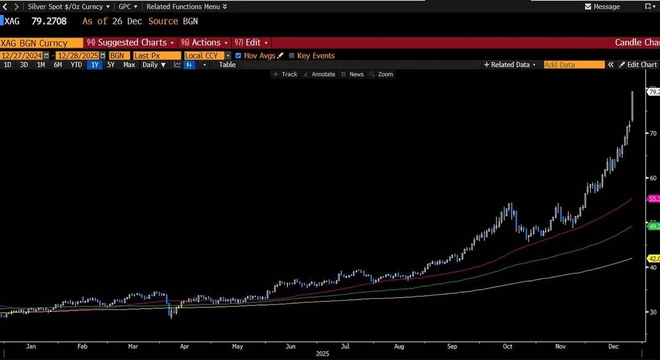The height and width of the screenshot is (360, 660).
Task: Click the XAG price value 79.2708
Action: click(49, 21)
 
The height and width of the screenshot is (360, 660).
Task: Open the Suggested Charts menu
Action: click(131, 42)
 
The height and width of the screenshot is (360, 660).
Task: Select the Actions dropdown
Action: click(205, 42)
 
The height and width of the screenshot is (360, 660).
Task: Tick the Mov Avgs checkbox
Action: click(238, 56)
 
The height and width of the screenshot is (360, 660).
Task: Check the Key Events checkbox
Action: click(292, 56)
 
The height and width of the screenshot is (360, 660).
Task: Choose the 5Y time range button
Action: click(111, 65)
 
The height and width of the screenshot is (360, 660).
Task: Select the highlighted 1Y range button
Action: click(95, 65)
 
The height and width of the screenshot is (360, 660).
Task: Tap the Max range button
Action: click(129, 65)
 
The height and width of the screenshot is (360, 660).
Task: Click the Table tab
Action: click(227, 65)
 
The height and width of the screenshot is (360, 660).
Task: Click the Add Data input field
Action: click(574, 65)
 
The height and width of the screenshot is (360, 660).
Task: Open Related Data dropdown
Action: click(510, 65)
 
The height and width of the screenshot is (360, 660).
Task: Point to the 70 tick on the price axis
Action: click(653, 133)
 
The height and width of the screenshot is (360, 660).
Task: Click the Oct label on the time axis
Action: click(508, 346)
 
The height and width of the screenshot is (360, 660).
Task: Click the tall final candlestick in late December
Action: click(632, 106)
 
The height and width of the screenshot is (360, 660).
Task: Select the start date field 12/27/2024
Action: click(22, 56)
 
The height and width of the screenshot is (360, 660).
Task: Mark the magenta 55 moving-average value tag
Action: click(654, 199)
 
